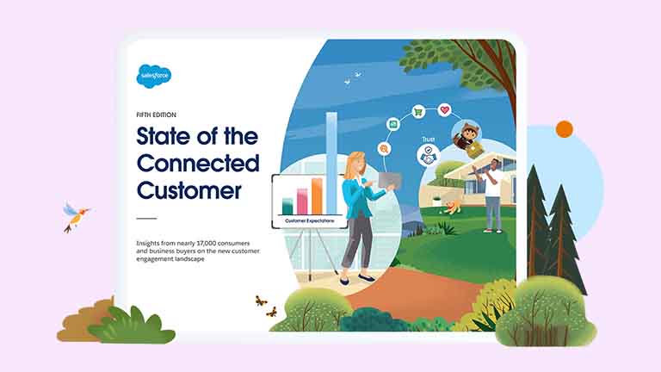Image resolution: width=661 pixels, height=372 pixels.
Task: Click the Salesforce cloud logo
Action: coord(154,77)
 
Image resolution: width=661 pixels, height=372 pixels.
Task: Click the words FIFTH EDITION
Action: coord(162,115)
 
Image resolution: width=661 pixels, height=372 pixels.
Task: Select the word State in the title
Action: coord(165,137)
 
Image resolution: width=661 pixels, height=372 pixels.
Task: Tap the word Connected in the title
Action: coord(198,162)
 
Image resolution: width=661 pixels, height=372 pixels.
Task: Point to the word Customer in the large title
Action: coord(188,189)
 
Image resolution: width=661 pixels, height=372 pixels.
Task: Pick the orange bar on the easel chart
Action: coord(317,195)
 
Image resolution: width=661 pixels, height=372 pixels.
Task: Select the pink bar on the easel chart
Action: coord(302,200)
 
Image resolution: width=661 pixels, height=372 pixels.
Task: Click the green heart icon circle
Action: coord(445,109)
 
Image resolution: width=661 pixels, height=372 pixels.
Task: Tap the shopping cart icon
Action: coord(418,111)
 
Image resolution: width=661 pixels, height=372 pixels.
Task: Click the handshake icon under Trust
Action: coord(428,156)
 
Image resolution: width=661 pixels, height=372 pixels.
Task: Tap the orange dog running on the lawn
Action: coord(451,205)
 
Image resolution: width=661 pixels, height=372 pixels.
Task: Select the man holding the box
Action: coord(491,195)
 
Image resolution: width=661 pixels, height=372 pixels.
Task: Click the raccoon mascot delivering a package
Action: coord(470,137)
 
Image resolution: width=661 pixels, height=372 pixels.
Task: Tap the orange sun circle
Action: coord(565,129)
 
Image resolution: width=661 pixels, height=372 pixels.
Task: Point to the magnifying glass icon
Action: coord(385,148)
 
